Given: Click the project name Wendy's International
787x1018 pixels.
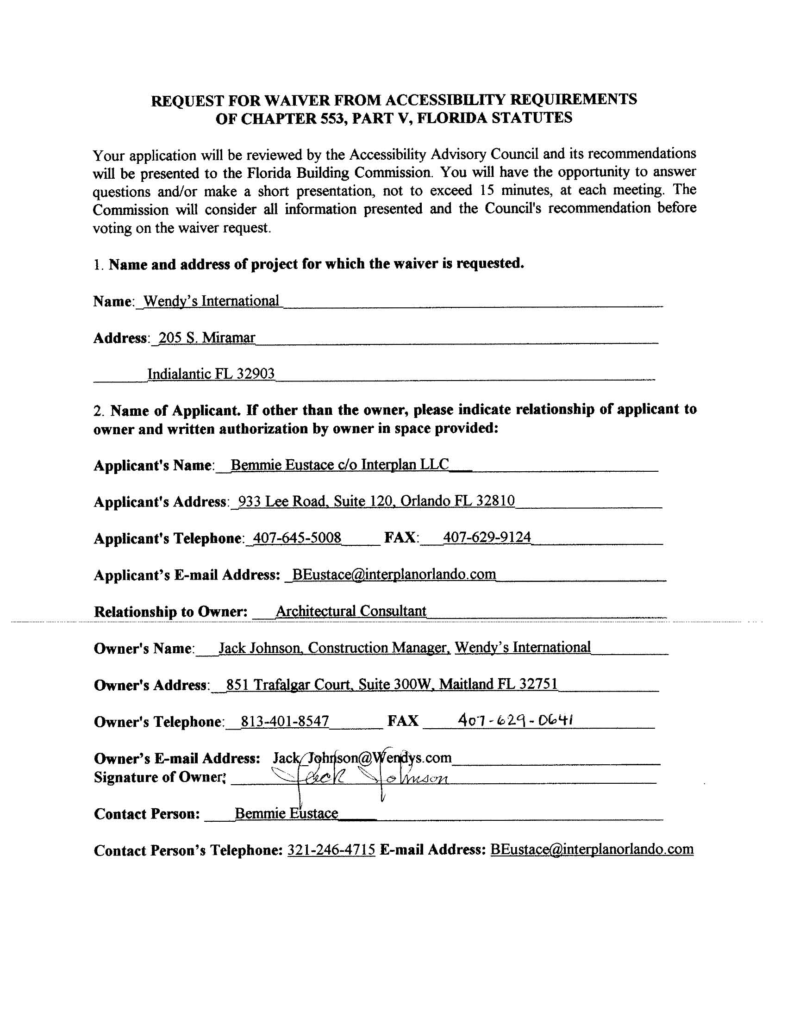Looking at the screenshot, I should click(x=211, y=301).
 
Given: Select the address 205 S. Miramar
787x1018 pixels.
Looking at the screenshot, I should click(x=206, y=337).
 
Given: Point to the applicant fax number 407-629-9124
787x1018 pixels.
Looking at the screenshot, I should click(x=487, y=537).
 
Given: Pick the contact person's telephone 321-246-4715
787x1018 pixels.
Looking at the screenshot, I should click(x=331, y=850).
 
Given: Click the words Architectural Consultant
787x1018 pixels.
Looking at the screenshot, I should click(x=350, y=611).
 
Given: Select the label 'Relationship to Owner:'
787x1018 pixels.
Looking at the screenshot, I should click(x=171, y=612).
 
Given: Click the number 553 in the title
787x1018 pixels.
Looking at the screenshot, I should click(x=331, y=119).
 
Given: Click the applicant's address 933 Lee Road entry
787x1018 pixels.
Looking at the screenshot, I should click(x=376, y=501).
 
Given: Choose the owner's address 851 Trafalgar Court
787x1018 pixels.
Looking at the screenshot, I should click(x=392, y=684).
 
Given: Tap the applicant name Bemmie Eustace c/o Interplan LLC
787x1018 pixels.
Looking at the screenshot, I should click(x=339, y=465).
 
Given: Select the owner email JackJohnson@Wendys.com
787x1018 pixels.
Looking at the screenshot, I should click(x=362, y=758).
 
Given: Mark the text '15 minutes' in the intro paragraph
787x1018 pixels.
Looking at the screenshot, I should click(x=516, y=191).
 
